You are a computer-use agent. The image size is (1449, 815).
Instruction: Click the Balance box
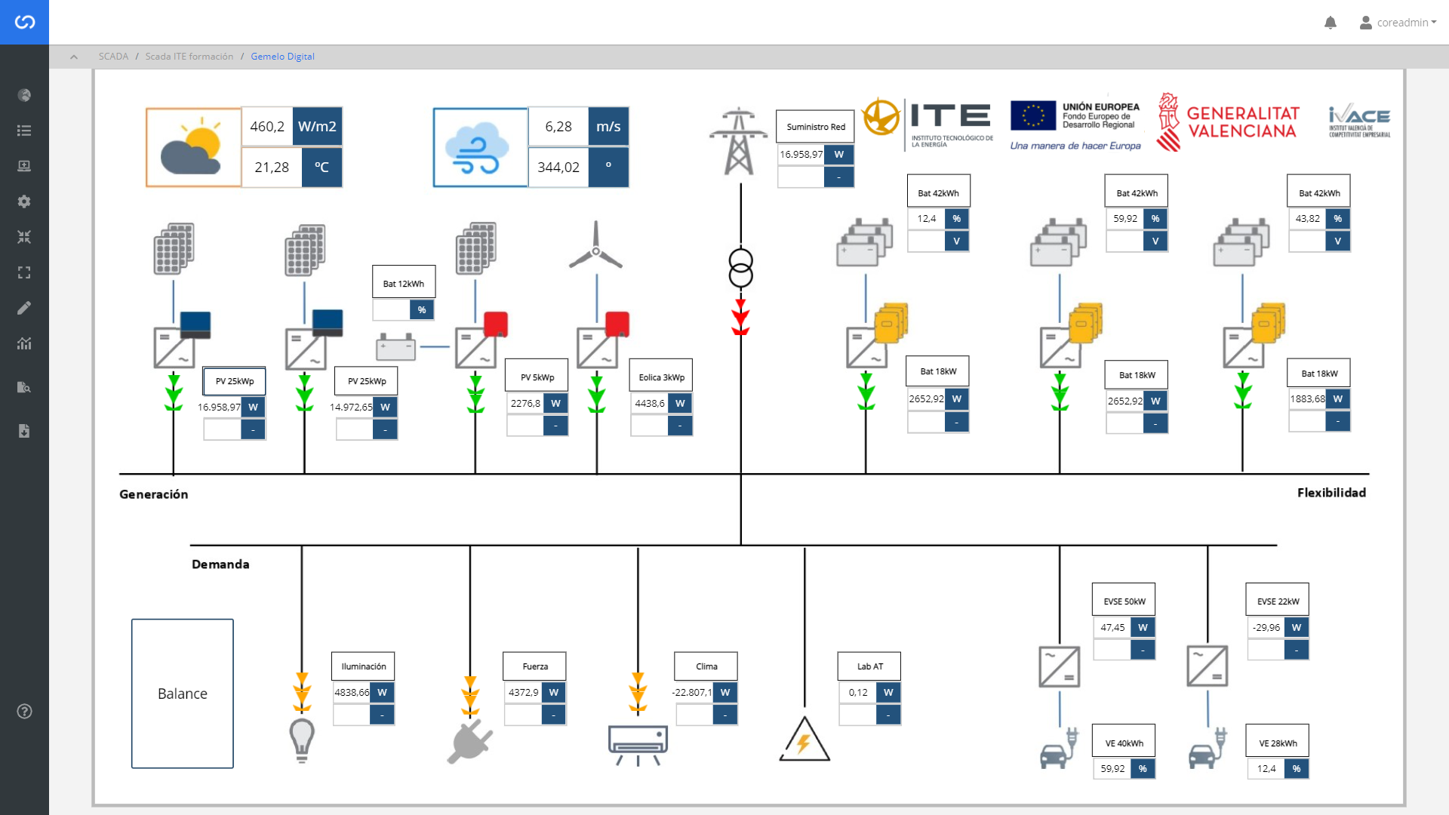pyautogui.click(x=183, y=694)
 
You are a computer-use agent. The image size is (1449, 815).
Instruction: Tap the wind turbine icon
pyautogui.click(x=595, y=246)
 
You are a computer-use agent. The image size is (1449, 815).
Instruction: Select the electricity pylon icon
pyautogui.click(x=738, y=142)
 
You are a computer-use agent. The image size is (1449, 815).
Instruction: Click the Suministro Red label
pyautogui.click(x=815, y=127)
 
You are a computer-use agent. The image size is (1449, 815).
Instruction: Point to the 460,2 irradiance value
pyautogui.click(x=267, y=127)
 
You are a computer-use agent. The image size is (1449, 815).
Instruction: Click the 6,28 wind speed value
pyautogui.click(x=558, y=127)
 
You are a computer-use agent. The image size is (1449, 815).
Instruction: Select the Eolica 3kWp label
pyautogui.click(x=661, y=377)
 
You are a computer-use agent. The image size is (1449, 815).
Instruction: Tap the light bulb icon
pyautogui.click(x=302, y=740)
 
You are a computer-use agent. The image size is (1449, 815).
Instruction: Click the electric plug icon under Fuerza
pyautogui.click(x=469, y=742)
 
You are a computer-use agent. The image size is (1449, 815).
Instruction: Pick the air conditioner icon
pyautogui.click(x=638, y=743)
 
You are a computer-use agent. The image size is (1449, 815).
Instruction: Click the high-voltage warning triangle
pyautogui.click(x=804, y=740)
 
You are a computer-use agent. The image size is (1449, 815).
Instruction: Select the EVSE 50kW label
pyautogui.click(x=1124, y=601)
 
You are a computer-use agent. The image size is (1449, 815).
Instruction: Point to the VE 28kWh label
pyautogui.click(x=1278, y=743)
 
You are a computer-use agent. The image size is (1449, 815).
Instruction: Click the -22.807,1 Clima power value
pyautogui.click(x=692, y=692)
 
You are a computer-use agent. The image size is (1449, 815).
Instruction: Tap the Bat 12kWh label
pyautogui.click(x=404, y=284)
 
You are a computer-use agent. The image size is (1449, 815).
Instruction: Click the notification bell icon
pyautogui.click(x=1331, y=23)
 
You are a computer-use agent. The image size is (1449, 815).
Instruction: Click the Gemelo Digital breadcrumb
pyautogui.click(x=282, y=57)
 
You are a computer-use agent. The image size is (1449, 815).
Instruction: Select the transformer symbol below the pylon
pyautogui.click(x=740, y=268)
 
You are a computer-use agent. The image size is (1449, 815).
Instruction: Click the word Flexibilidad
pyautogui.click(x=1331, y=493)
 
